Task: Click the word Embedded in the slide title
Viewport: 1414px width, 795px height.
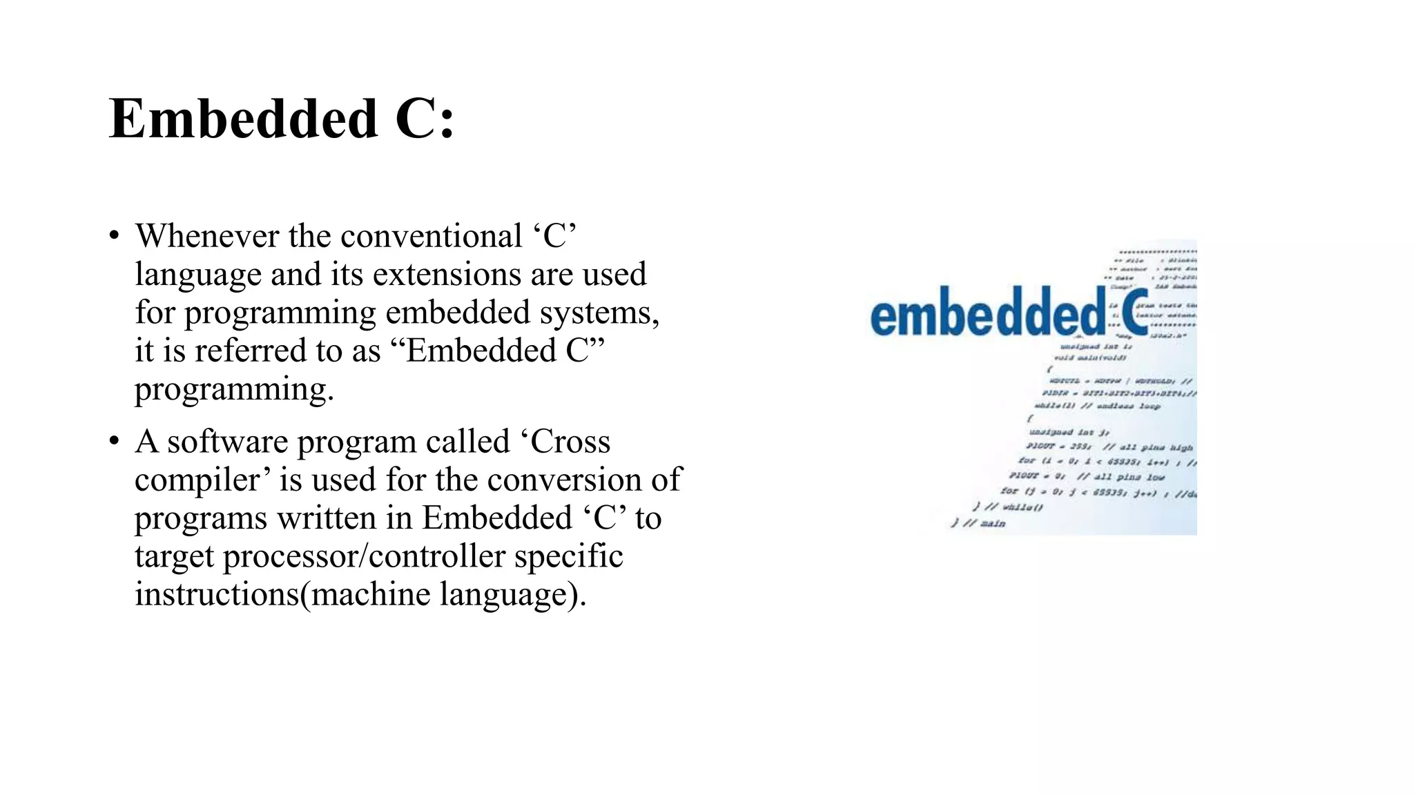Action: (x=243, y=119)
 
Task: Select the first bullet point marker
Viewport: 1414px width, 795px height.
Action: (x=115, y=236)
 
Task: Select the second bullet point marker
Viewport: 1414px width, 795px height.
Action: (x=115, y=442)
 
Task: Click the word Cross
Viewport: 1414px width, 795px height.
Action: (x=571, y=442)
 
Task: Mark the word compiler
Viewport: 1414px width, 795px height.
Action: (x=202, y=480)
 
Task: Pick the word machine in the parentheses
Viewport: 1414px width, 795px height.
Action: (x=371, y=594)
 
